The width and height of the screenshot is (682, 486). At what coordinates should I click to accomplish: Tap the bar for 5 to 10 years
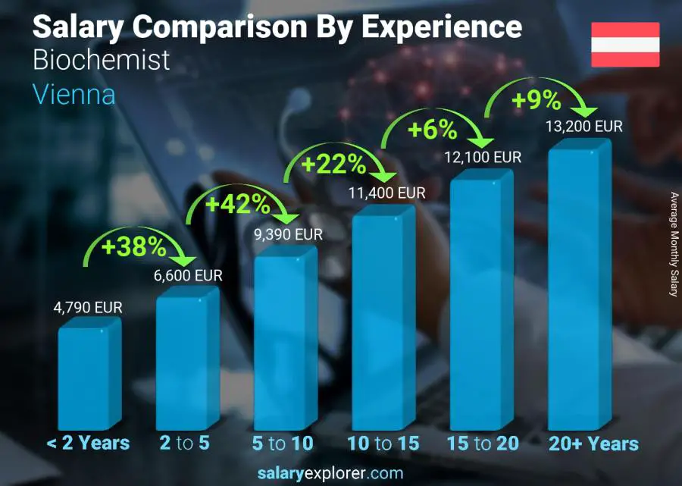tap(283, 341)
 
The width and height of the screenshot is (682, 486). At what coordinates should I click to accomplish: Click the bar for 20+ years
tap(578, 288)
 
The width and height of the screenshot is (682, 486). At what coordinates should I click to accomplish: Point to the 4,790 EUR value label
tap(88, 308)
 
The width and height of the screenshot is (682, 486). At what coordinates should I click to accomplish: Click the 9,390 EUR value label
tap(288, 234)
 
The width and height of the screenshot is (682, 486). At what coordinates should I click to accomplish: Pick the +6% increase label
tap(433, 130)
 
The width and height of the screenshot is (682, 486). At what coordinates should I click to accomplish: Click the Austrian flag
tap(625, 45)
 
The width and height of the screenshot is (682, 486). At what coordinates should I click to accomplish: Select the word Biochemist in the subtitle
tap(102, 61)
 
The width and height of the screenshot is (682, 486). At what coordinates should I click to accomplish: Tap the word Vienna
tap(74, 95)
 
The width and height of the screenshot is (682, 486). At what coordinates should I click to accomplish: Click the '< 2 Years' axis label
tap(88, 444)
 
